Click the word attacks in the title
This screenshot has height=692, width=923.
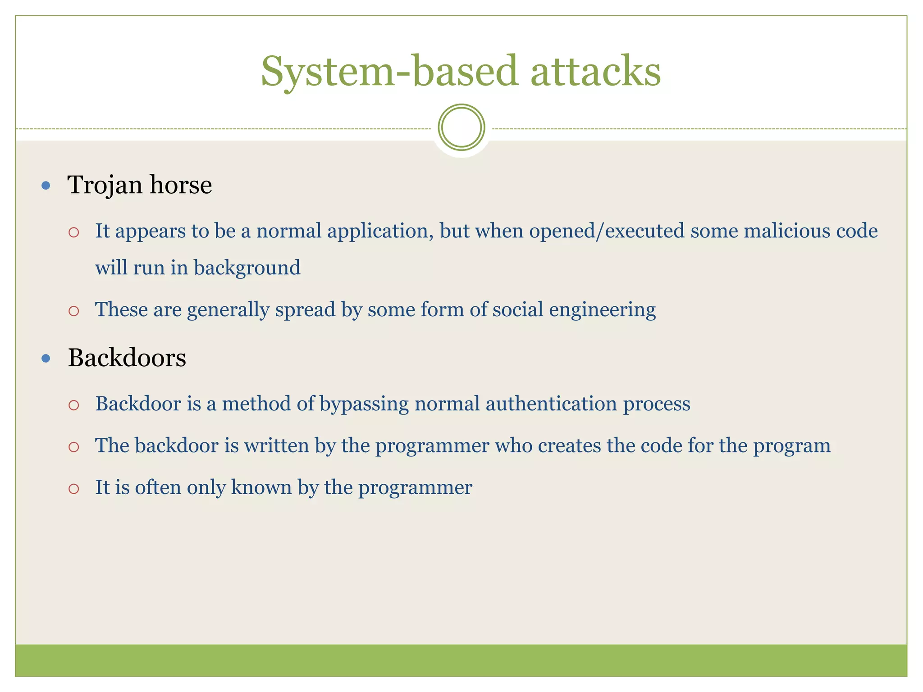coord(595,72)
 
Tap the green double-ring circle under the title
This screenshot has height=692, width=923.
coord(461,127)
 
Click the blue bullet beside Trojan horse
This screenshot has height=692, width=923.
coord(46,185)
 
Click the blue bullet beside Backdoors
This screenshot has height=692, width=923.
coord(46,359)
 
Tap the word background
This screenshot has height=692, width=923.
coord(247,268)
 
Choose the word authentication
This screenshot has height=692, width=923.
coord(551,404)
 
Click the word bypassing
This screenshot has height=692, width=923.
coord(364,404)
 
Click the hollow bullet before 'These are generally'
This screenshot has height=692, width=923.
coord(74,311)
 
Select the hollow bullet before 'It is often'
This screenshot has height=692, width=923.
coord(74,488)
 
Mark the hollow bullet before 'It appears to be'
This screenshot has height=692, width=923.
coord(74,232)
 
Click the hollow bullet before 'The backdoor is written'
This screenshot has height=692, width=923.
coord(74,447)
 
